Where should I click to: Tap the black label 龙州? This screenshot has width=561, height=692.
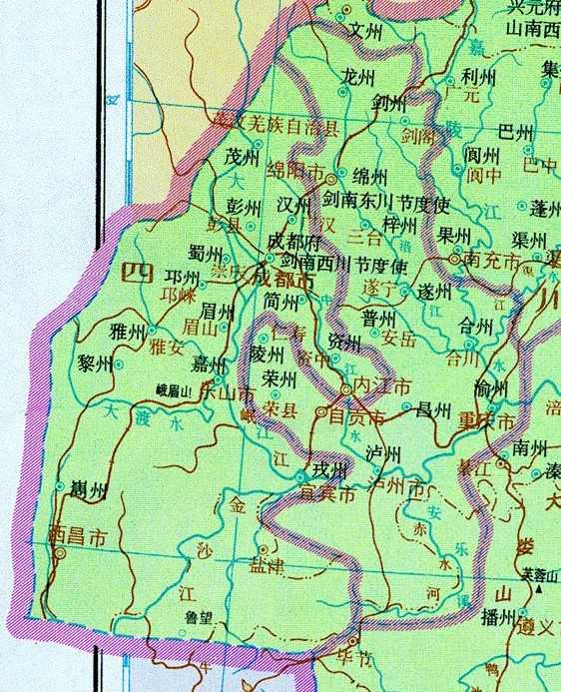coord(356,75)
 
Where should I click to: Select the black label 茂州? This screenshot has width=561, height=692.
coord(242,158)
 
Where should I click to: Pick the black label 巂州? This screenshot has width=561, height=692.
coord(86,489)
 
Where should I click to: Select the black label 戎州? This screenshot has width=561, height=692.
coord(328,469)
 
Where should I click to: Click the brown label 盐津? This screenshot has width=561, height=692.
coord(271,565)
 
